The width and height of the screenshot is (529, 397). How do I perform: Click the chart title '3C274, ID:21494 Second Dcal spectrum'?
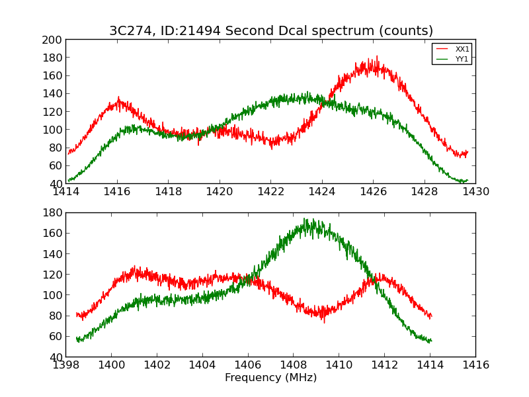[x=271, y=31]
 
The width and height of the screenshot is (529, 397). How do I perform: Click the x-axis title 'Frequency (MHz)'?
[x=270, y=378]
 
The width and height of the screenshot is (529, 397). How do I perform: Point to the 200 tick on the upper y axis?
[x=54, y=40]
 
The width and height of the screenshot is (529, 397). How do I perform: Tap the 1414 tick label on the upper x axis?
[x=65, y=192]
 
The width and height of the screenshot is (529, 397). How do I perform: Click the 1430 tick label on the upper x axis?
[x=475, y=192]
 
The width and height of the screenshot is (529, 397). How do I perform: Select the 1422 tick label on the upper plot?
[x=270, y=192]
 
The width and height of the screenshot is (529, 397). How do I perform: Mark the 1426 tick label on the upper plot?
[x=373, y=192]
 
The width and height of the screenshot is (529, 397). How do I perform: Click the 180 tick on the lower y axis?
[x=54, y=213]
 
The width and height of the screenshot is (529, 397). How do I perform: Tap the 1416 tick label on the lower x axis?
[x=475, y=365]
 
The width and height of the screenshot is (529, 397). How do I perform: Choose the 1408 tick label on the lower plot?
[x=293, y=365]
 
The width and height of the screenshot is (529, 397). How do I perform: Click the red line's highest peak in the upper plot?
[x=377, y=56]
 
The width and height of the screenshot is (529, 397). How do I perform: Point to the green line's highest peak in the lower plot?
[x=304, y=218]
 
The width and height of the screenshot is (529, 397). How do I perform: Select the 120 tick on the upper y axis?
[x=54, y=112]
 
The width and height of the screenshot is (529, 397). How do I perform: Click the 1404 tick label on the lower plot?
[x=202, y=365]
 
